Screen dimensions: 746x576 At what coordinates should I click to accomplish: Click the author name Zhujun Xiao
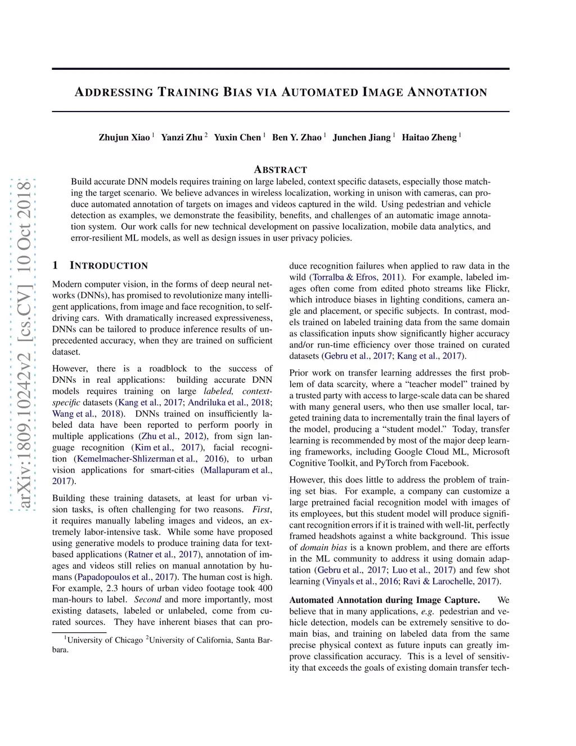[124, 137]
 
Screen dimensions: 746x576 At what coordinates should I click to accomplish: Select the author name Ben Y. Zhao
[297, 137]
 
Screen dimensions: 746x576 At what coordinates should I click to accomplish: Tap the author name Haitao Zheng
[429, 137]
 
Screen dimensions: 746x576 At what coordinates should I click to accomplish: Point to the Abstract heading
[281, 169]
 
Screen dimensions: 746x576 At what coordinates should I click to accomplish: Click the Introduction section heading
[108, 266]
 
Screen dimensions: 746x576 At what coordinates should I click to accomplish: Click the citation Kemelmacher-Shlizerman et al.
[136, 459]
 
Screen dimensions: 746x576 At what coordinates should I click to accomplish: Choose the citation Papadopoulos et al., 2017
[125, 577]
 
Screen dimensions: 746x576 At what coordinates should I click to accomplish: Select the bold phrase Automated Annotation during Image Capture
[385, 600]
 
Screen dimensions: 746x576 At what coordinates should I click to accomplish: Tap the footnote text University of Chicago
[105, 640]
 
